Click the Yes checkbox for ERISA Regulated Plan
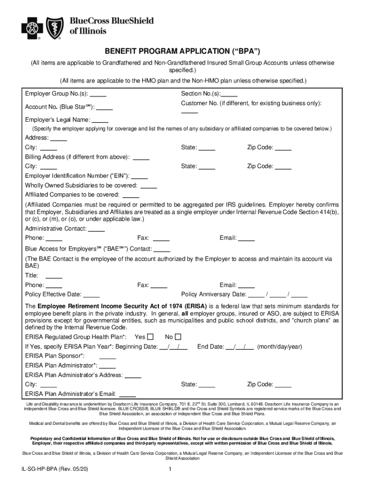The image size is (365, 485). (x=150, y=337)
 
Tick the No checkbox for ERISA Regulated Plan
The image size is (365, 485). (x=178, y=337)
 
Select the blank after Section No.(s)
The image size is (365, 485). (x=229, y=94)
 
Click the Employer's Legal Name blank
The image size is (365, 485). (x=100, y=120)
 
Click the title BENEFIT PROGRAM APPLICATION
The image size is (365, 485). (x=182, y=51)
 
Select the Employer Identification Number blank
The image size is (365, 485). (x=140, y=176)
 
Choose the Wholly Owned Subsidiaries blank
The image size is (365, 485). (x=149, y=186)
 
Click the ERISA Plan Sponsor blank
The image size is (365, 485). (x=108, y=357)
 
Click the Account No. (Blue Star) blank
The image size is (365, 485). (x=105, y=108)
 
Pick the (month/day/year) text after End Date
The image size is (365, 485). (x=279, y=347)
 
